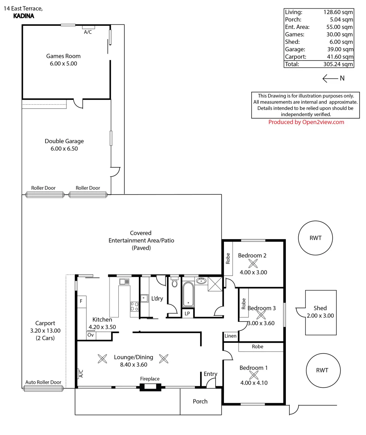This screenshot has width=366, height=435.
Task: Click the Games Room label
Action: [63, 56]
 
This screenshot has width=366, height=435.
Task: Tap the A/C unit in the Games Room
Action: [88, 27]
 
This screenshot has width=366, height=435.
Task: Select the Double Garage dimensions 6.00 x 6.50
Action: [64, 149]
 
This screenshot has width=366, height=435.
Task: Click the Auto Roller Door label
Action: [43, 382]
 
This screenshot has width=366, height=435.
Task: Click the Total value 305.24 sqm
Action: [339, 64]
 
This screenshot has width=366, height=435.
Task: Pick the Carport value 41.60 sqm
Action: [341, 57]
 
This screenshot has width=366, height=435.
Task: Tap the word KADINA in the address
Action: [24, 17]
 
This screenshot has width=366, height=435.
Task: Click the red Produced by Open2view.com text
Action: [306, 122]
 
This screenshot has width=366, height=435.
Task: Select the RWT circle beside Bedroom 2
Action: [316, 238]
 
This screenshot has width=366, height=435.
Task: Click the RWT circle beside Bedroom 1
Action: [322, 371]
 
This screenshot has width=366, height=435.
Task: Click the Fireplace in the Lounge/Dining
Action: [150, 387]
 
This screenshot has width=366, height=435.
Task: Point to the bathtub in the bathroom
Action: [188, 294]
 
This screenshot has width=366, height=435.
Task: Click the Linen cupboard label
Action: [231, 336]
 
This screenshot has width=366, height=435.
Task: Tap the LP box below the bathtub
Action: [187, 313]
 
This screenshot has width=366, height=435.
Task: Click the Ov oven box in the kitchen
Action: [91, 335]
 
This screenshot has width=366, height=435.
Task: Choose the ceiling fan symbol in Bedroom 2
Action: [253, 263]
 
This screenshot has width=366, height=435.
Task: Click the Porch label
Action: [200, 401]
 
